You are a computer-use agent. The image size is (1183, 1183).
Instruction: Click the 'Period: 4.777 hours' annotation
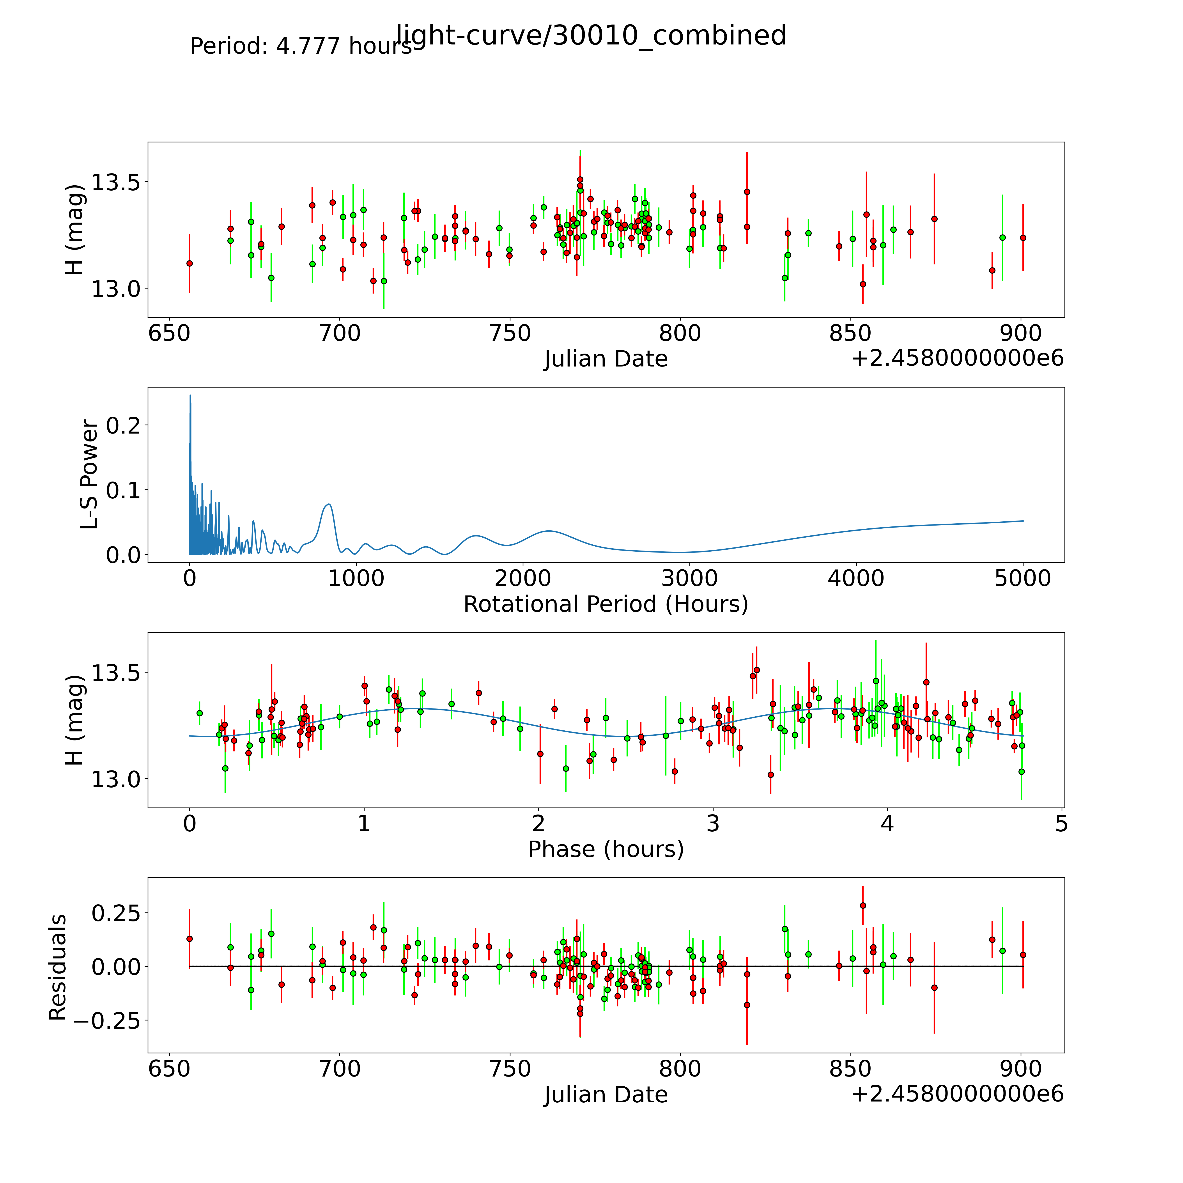(x=301, y=46)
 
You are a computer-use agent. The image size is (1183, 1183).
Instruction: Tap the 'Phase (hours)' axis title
(x=606, y=849)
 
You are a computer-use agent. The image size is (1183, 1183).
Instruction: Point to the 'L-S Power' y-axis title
(x=89, y=475)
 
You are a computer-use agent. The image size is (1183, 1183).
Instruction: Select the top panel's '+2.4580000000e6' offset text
(x=957, y=358)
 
